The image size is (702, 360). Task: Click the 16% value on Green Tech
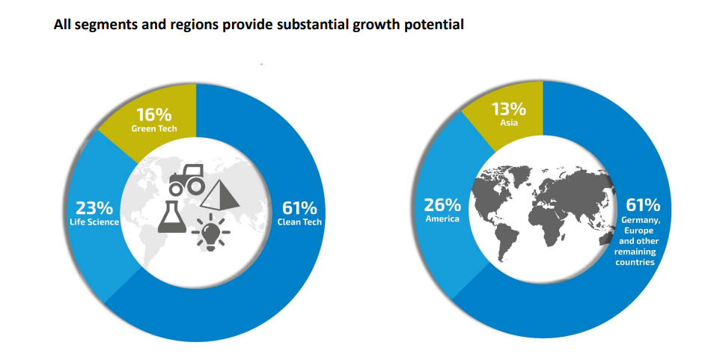[154, 115]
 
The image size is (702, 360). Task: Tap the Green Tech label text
[154, 129]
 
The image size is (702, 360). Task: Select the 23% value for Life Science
[94, 208]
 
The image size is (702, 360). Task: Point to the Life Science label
[94, 222]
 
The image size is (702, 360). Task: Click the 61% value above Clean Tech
[299, 208]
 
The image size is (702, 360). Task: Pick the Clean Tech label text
[299, 222]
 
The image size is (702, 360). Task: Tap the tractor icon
[186, 179]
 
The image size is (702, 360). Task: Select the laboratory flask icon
[172, 217]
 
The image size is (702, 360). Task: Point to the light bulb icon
[211, 231]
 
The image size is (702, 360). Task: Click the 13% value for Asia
[509, 109]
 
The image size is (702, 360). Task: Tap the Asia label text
[509, 123]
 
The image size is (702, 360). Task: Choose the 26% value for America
[442, 205]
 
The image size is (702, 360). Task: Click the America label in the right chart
[442, 219]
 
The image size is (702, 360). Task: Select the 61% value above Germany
[643, 205]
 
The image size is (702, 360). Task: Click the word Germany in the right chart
[640, 221]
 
